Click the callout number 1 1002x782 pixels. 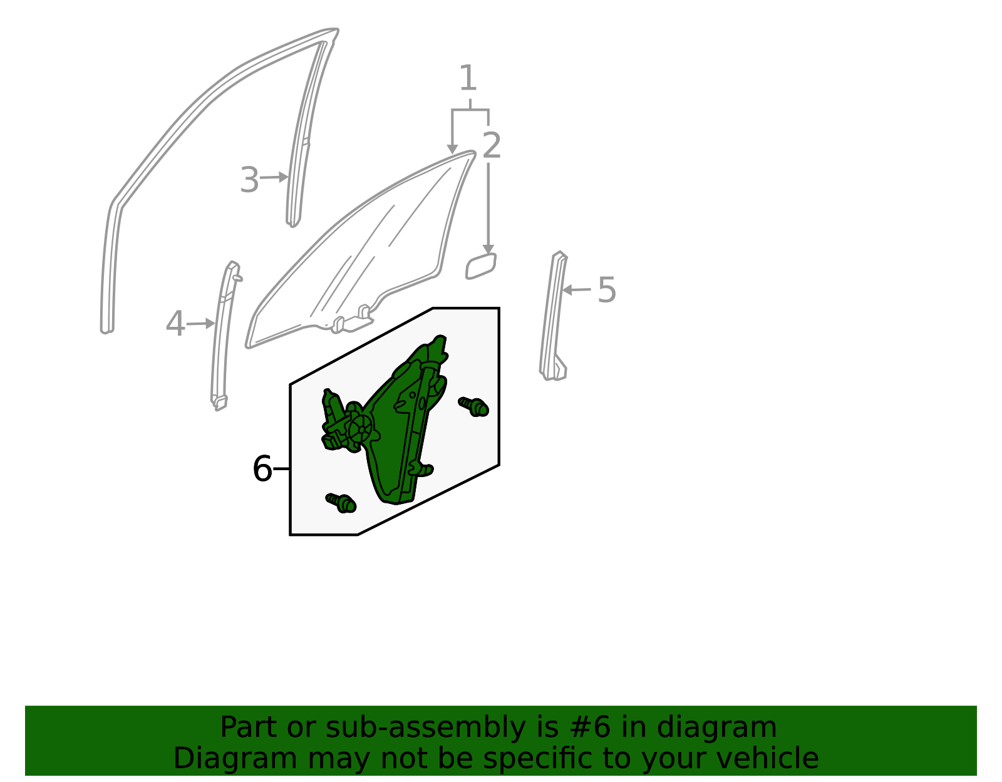pos(468,78)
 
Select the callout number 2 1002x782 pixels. pos(492,145)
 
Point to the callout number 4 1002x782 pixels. pos(176,324)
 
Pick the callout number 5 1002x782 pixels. pos(607,290)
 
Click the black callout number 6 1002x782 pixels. pos(262,469)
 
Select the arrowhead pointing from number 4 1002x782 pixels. pos(210,324)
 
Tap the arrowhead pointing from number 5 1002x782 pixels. pos(567,290)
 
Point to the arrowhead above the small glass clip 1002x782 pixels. pos(488,249)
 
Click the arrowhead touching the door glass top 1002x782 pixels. pos(452,150)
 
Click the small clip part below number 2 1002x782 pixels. pos(481,266)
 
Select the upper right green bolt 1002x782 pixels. pos(473,406)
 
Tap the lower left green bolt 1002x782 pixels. pos(341,503)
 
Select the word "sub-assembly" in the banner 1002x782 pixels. pos(426,728)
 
